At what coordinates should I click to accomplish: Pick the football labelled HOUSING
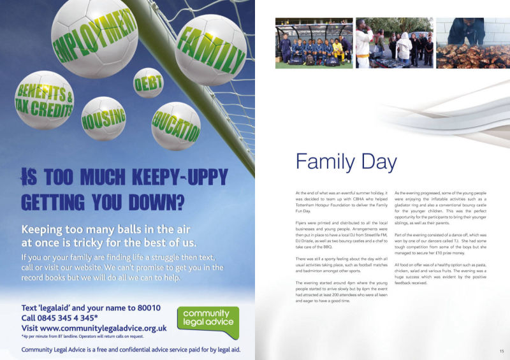click(103, 117)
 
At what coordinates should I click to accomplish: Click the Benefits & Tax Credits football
click(43, 99)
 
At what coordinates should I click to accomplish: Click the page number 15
click(501, 351)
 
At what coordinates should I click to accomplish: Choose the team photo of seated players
click(314, 43)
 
